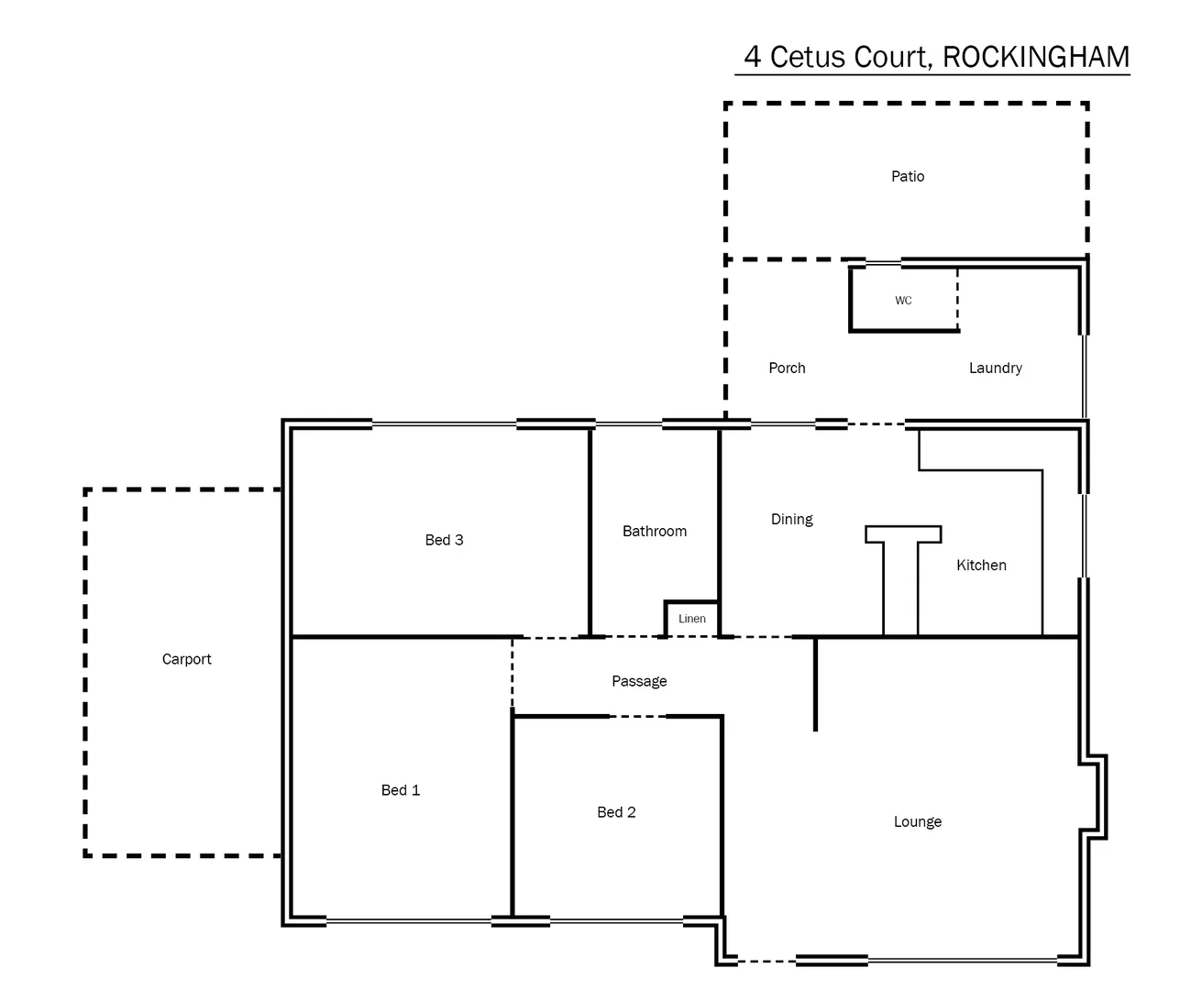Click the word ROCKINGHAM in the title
tap(1035, 57)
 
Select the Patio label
tap(908, 176)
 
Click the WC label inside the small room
tap(903, 301)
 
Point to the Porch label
tap(787, 368)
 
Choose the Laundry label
tap(995, 368)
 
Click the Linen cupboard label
tap(691, 619)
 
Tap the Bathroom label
tap(654, 531)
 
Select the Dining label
tap(791, 519)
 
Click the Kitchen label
tap(981, 565)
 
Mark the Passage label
tap(639, 681)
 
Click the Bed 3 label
tap(444, 540)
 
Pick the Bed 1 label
tap(400, 790)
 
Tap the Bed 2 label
tap(615, 812)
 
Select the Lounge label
tap(917, 821)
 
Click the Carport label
tap(186, 659)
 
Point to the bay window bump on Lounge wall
tap(1097, 796)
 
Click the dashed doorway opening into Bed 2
tap(637, 717)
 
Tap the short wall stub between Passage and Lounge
tap(815, 685)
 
